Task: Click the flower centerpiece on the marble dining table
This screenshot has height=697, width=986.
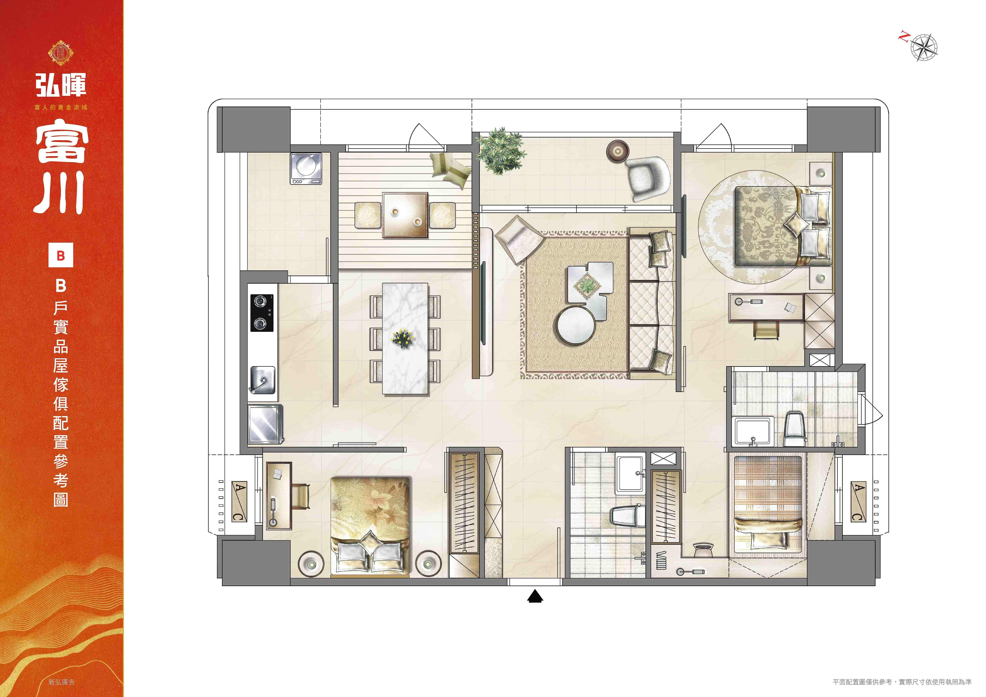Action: [403, 339]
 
